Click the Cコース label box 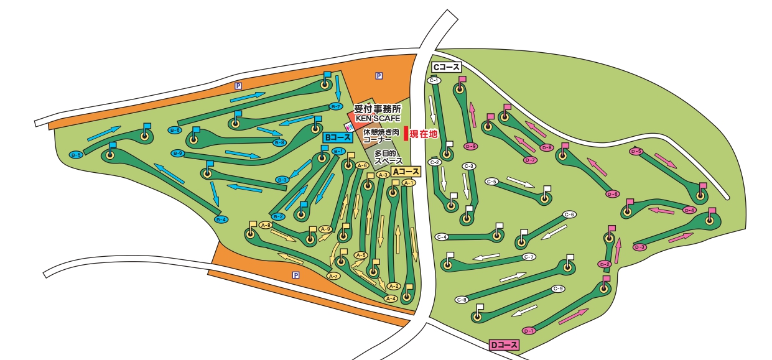(x=446, y=67)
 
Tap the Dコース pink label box (x=504, y=345)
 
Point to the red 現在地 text (x=424, y=133)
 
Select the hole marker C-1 (x=434, y=80)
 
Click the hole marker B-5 (x=77, y=154)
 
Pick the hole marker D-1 (x=529, y=330)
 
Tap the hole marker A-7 (x=333, y=275)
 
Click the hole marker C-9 (x=557, y=288)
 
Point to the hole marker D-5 (x=636, y=151)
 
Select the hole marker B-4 (x=221, y=219)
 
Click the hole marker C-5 (x=492, y=182)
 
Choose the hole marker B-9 (x=178, y=153)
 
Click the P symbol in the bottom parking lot (x=296, y=275)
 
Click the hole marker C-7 (x=529, y=257)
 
